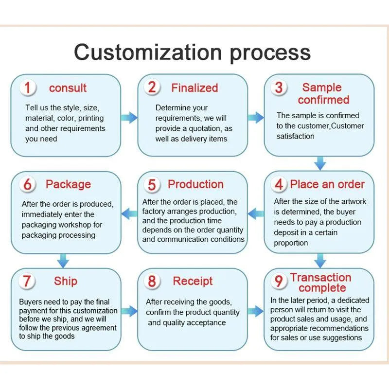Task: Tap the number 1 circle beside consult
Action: [28, 88]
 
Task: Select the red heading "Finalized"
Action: [194, 88]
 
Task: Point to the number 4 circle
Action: [279, 184]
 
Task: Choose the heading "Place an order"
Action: [327, 184]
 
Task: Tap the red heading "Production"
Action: [195, 184]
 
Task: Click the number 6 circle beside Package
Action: [28, 185]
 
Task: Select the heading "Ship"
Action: [66, 281]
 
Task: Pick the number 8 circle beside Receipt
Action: [152, 282]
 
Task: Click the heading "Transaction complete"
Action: [320, 283]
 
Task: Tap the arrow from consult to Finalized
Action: [129, 117]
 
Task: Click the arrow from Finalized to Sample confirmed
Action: [255, 117]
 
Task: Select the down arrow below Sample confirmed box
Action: [320, 163]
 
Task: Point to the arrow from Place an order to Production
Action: [256, 212]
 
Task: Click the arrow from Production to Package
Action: [129, 212]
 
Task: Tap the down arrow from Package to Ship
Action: [63, 260]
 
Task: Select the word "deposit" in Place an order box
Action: [287, 232]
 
